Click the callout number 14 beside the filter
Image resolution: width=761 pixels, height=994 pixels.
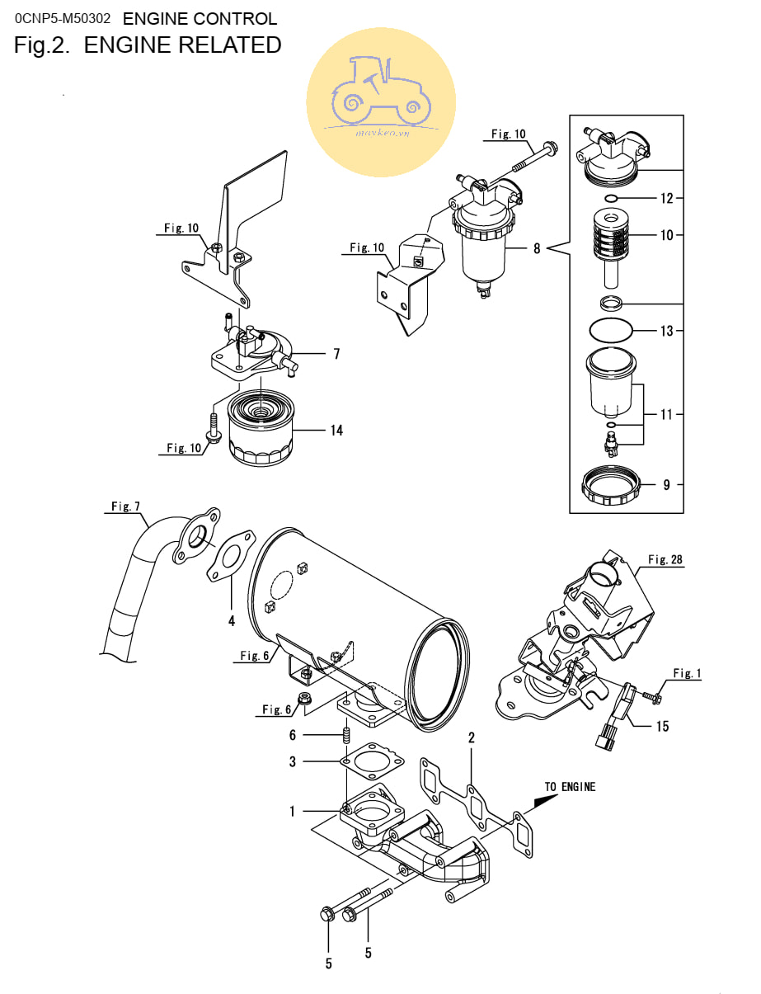(x=336, y=430)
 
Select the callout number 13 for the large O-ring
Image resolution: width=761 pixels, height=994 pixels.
(x=666, y=331)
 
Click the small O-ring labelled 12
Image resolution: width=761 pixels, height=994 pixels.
(x=611, y=199)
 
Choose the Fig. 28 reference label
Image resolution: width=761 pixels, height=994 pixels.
(x=665, y=559)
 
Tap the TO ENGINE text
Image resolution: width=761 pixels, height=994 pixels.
(x=570, y=786)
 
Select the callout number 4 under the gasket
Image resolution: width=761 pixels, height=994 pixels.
(x=232, y=619)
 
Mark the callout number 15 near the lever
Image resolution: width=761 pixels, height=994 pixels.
(x=662, y=726)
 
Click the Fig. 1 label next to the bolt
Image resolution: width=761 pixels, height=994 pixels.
(x=686, y=673)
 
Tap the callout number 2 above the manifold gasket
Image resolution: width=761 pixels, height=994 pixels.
(x=471, y=737)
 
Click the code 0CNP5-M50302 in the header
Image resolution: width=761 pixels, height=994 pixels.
(x=63, y=18)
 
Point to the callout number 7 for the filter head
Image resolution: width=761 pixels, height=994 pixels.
(x=336, y=354)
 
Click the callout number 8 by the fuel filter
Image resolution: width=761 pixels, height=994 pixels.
(x=537, y=247)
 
